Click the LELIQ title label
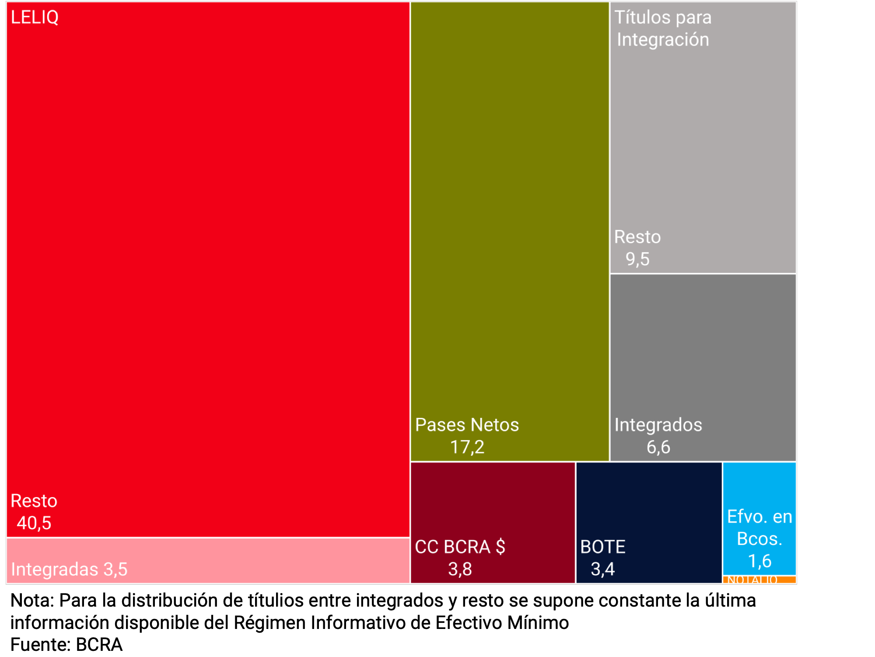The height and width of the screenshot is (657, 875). click(35, 18)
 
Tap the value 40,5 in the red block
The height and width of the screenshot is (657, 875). click(34, 523)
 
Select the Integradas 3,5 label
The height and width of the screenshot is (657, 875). click(69, 569)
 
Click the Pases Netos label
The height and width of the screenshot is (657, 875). click(467, 425)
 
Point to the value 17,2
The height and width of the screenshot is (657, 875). click(467, 447)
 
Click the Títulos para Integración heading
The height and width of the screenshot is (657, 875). click(663, 28)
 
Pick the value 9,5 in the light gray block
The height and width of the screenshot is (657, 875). click(637, 259)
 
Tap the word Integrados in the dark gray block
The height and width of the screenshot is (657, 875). click(658, 425)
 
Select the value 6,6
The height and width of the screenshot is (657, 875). click(658, 447)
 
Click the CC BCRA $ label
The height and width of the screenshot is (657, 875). click(460, 547)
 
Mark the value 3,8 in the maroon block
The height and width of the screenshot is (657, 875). click(460, 569)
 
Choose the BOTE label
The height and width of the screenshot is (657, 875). click(603, 547)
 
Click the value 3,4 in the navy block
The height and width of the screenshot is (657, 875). click(603, 569)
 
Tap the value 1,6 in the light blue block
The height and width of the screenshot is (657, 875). click(759, 561)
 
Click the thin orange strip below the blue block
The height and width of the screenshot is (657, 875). click(759, 579)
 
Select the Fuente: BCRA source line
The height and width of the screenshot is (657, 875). click(66, 644)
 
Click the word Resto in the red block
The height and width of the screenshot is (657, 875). click(34, 501)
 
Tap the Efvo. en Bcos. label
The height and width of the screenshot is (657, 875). click(759, 528)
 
